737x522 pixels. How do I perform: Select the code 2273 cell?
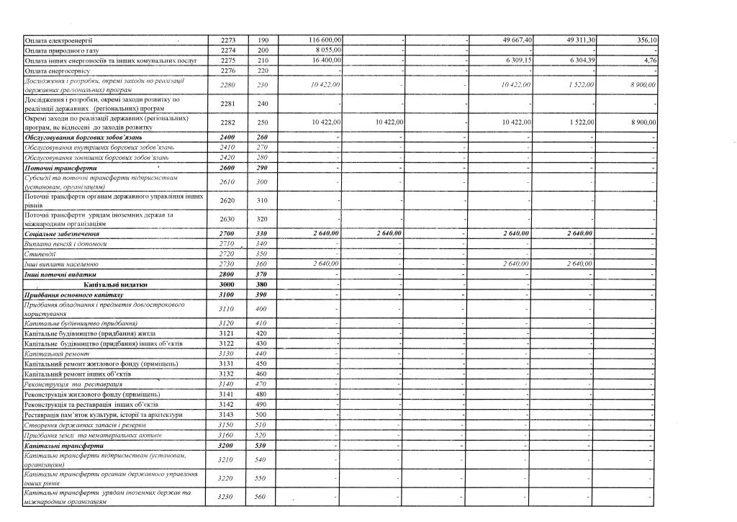click(227, 40)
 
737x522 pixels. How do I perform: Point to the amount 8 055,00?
click(328, 50)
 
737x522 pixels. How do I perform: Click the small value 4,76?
click(649, 60)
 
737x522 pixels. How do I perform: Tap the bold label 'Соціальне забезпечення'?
click(62, 234)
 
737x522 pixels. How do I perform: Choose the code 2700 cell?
click(227, 234)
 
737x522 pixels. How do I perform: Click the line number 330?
click(262, 234)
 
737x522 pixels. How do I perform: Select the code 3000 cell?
click(227, 284)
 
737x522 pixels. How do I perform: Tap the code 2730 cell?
click(227, 264)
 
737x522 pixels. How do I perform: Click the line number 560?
click(262, 496)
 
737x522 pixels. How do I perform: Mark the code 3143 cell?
click(227, 415)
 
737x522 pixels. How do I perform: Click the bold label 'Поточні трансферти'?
click(56, 167)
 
